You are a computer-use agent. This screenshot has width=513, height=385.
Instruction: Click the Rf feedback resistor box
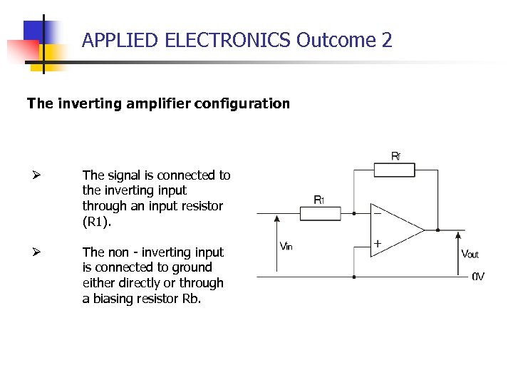(x=394, y=169)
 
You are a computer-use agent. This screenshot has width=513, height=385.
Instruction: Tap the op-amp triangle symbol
(x=395, y=229)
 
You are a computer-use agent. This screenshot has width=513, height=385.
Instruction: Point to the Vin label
(x=286, y=247)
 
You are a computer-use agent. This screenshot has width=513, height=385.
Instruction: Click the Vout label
(x=470, y=254)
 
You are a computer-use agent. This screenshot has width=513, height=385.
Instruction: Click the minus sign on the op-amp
(x=377, y=212)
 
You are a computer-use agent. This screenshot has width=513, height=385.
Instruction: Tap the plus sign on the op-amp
(x=377, y=244)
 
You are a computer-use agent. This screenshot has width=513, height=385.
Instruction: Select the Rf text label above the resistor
(x=395, y=155)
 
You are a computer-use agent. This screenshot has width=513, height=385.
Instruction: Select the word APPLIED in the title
(x=120, y=40)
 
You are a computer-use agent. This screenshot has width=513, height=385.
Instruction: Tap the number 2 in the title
(x=387, y=40)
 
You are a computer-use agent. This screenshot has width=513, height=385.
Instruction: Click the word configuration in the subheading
(x=244, y=103)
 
